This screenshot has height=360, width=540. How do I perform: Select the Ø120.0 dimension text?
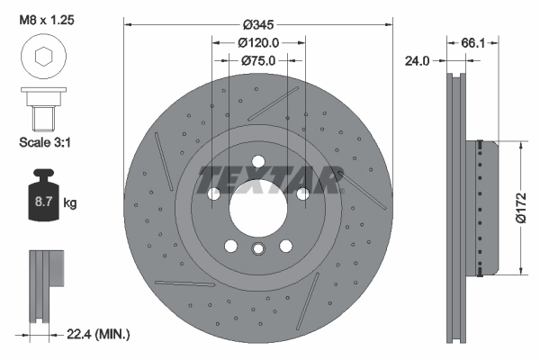[x=259, y=41]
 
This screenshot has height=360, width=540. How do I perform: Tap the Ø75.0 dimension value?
[x=259, y=61]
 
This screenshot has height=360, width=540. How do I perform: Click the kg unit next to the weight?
[x=70, y=203]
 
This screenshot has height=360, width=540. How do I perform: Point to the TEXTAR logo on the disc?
[x=269, y=180]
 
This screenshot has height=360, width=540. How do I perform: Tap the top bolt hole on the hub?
[x=258, y=163]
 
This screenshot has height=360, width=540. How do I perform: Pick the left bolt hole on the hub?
[x=214, y=194]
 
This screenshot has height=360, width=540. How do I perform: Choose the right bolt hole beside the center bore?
[x=302, y=194]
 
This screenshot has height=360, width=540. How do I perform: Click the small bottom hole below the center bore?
[x=258, y=250]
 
